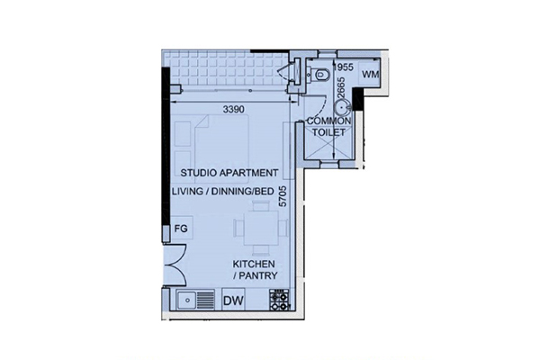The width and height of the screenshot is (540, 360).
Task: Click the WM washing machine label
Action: (370, 74)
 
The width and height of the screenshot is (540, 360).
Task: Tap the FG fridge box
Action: (182, 228)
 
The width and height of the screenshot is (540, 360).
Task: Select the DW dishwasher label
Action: (233, 301)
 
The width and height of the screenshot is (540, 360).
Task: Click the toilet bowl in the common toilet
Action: (320, 74)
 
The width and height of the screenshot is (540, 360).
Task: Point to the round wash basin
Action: (342, 107)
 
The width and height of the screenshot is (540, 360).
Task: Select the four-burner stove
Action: (279, 300)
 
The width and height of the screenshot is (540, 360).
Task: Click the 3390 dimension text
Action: (233, 110)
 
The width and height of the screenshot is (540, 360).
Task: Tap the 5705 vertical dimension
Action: (283, 196)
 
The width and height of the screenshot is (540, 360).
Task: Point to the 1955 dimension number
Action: (344, 67)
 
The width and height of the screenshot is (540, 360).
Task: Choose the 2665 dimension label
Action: (340, 88)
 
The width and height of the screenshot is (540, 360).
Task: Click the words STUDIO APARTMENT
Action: (229, 173)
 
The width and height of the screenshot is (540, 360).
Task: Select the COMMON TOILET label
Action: (328, 126)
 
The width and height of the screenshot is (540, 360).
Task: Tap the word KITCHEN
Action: (254, 265)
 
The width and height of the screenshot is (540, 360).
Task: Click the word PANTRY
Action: (258, 275)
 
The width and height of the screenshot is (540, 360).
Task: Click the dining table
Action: (261, 228)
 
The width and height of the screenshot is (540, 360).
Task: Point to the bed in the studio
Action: (221, 148)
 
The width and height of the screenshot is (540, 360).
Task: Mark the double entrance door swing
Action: (175, 265)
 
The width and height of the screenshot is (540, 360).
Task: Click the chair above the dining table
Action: (261, 206)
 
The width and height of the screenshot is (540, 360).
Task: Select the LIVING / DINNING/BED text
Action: (223, 192)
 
